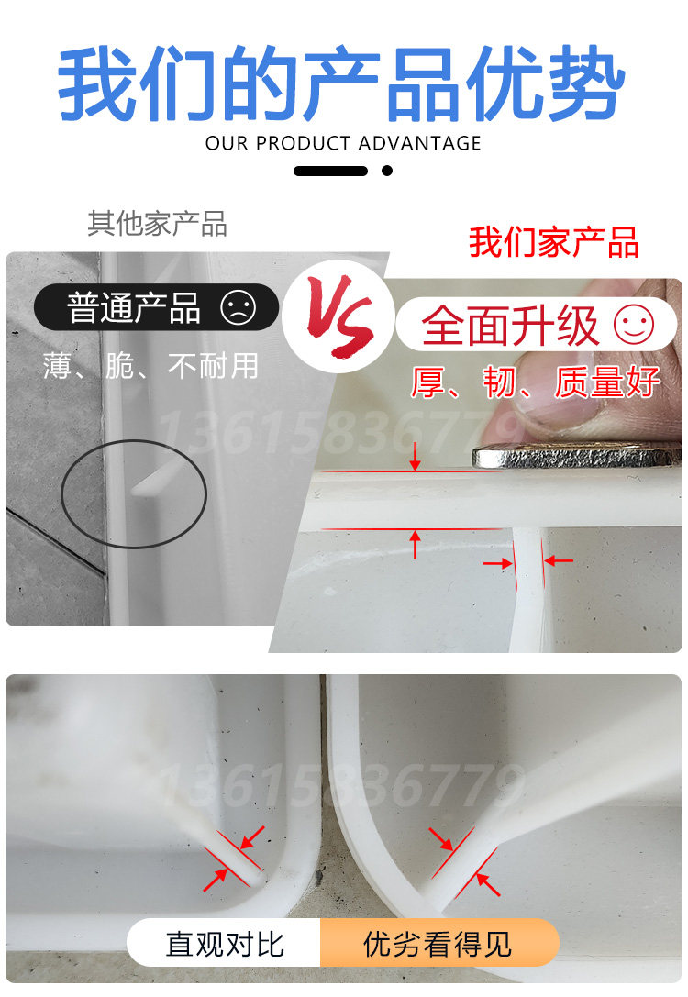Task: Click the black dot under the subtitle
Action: point(386,171)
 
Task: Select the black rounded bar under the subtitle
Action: point(330,171)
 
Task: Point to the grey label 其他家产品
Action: point(157,224)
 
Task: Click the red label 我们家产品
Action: point(553,242)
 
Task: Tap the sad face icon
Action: point(238,307)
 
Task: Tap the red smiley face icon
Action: point(634,325)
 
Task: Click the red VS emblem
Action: point(339,316)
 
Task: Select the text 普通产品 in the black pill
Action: point(134,308)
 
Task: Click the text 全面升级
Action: point(510,325)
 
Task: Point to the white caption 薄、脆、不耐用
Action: point(150,366)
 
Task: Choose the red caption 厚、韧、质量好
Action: point(536,382)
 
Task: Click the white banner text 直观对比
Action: point(225,944)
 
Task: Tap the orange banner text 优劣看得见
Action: point(438,944)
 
